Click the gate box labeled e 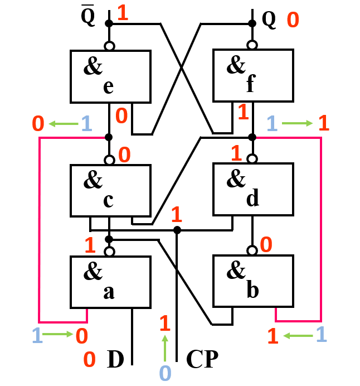tap(110, 76)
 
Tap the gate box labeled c tap(110, 190)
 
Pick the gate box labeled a tap(110, 282)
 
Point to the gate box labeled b tap(253, 282)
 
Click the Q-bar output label tap(88, 17)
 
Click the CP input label tap(201, 359)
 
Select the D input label tap(115, 359)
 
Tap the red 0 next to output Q tap(293, 21)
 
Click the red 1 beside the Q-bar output tap(123, 14)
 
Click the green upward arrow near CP tap(164, 348)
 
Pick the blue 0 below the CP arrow tap(164, 373)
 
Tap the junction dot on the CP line tap(177, 230)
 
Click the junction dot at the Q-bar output tap(109, 23)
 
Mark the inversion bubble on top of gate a tap(110, 252)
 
